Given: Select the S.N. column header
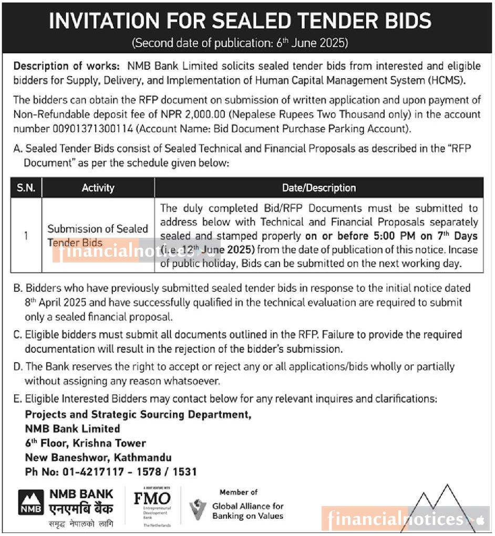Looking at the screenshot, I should tap(26, 187).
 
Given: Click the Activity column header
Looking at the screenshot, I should tap(98, 187).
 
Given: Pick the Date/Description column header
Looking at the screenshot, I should tap(318, 187).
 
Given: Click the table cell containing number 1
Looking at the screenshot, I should tap(26, 235).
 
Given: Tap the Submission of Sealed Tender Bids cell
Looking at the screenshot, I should tap(98, 235).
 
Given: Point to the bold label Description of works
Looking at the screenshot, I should tap(63, 67).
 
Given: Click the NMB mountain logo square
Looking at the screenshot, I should tap(31, 502).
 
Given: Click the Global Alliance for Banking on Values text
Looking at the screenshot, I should tap(247, 511).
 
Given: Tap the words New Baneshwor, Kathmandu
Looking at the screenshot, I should tap(98, 457).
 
